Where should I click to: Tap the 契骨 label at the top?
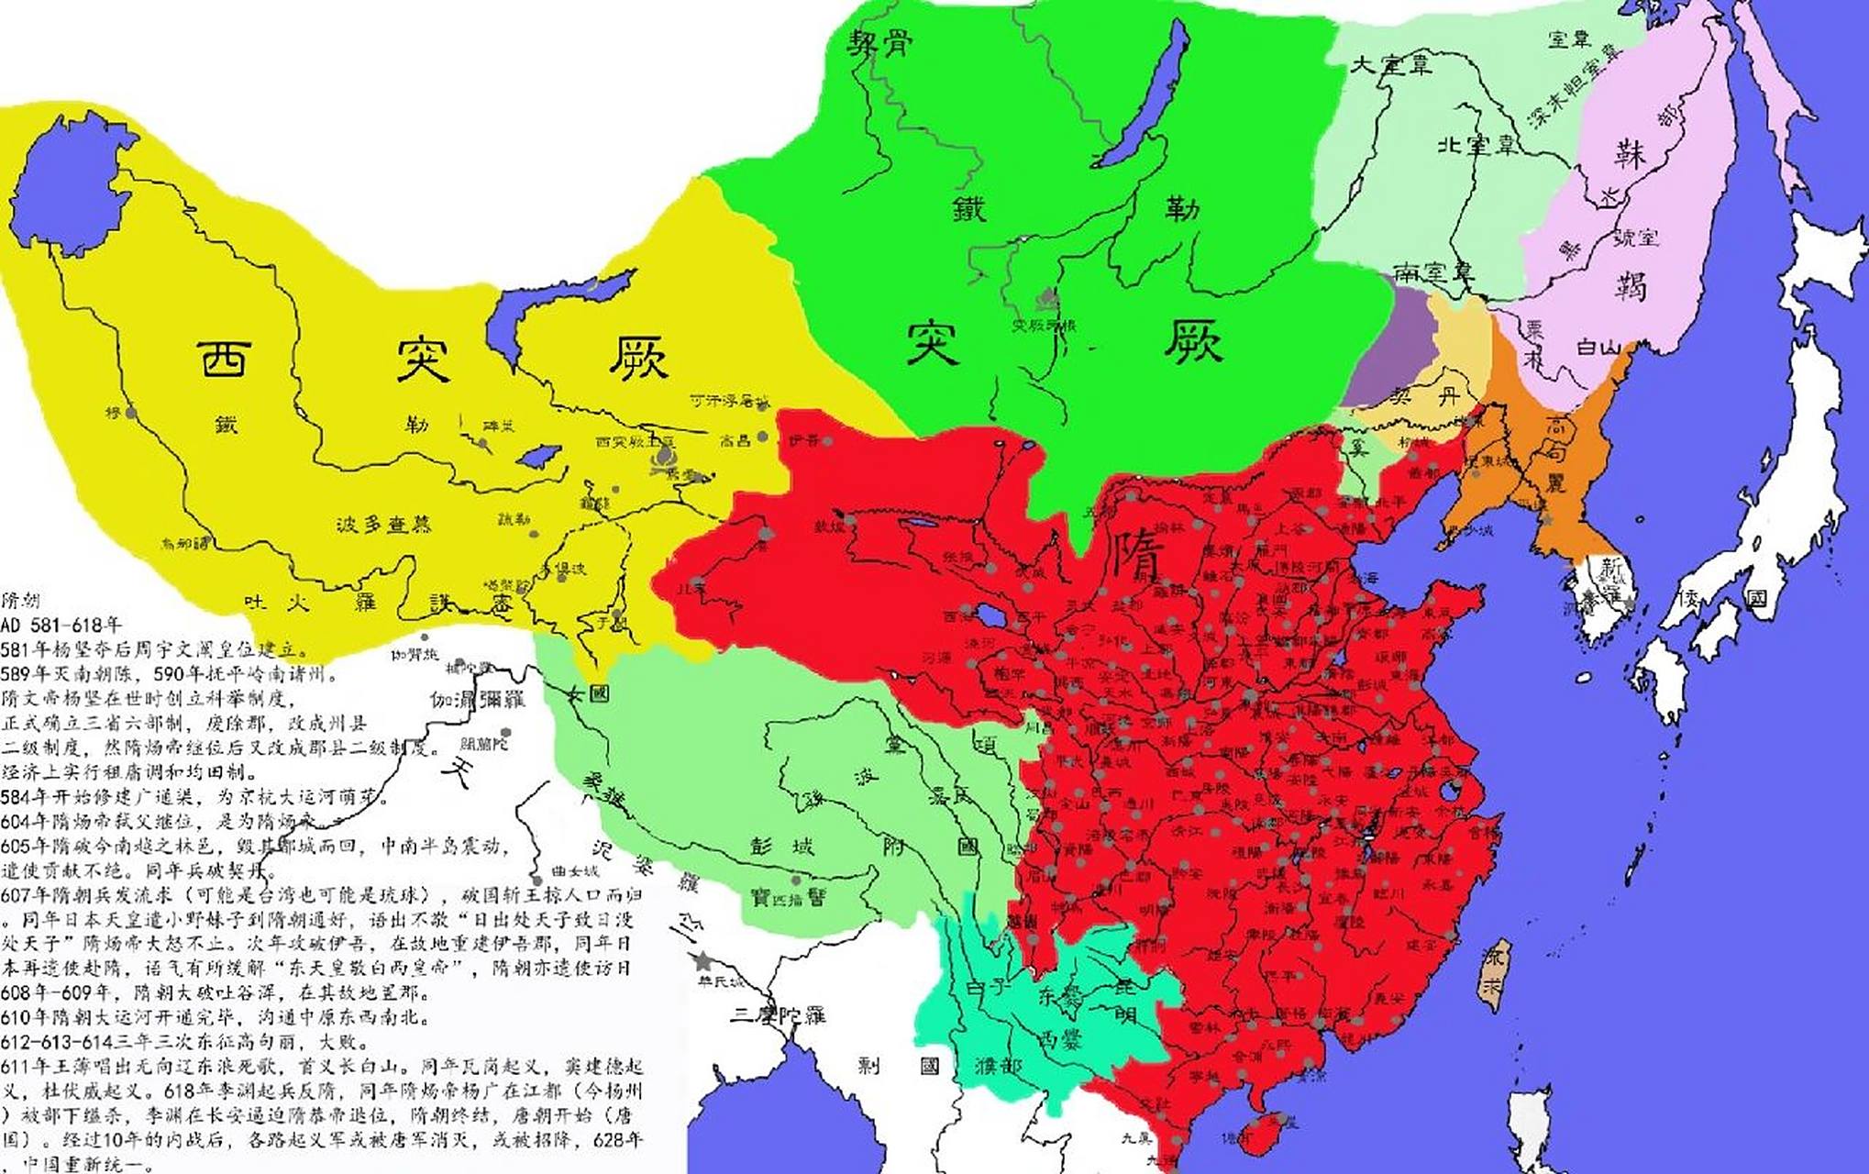click(879, 41)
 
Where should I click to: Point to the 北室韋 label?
click(1477, 144)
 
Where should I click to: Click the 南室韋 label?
click(1432, 271)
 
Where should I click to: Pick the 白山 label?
click(1599, 347)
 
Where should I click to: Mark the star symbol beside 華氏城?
click(702, 961)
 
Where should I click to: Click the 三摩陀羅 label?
click(779, 1014)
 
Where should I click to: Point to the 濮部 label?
click(998, 1067)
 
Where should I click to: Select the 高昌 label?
click(735, 440)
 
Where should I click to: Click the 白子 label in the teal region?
click(989, 988)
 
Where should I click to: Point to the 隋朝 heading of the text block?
click(20, 601)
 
